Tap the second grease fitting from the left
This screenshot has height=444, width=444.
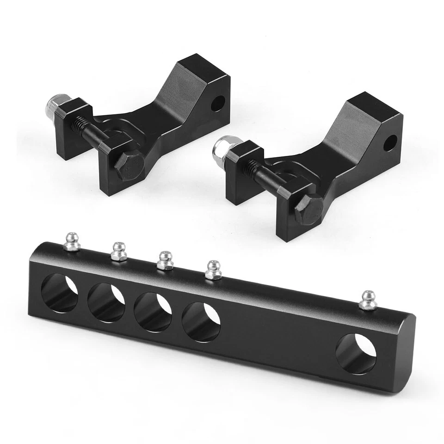119,252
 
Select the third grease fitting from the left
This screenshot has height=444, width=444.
164,260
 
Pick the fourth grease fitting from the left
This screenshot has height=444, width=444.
213,270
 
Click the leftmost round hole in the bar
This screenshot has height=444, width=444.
60,293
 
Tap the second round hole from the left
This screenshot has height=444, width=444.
106,302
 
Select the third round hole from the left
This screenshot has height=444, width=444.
153,312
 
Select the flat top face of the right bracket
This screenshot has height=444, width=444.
372,105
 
